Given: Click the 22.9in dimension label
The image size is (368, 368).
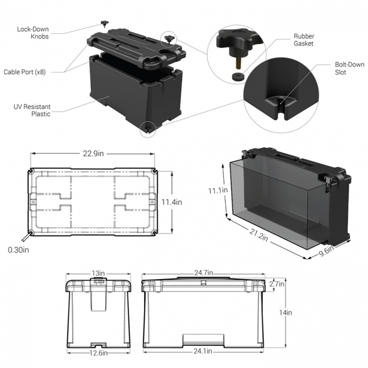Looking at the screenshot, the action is (x=93, y=154).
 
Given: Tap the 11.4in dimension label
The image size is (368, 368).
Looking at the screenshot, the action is (x=171, y=202).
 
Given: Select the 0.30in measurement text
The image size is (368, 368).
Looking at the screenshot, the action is (x=19, y=250).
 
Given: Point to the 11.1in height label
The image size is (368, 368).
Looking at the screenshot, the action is (x=218, y=190).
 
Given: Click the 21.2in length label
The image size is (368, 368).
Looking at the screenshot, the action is (x=258, y=235).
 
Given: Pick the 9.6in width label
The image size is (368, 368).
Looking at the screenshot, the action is (x=326, y=251).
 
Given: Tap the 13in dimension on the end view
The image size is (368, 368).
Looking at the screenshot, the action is (x=98, y=273).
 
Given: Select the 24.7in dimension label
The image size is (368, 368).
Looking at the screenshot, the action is (x=204, y=273).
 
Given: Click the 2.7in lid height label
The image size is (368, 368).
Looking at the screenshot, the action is (x=276, y=284).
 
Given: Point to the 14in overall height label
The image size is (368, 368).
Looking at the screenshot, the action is (x=286, y=313).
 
